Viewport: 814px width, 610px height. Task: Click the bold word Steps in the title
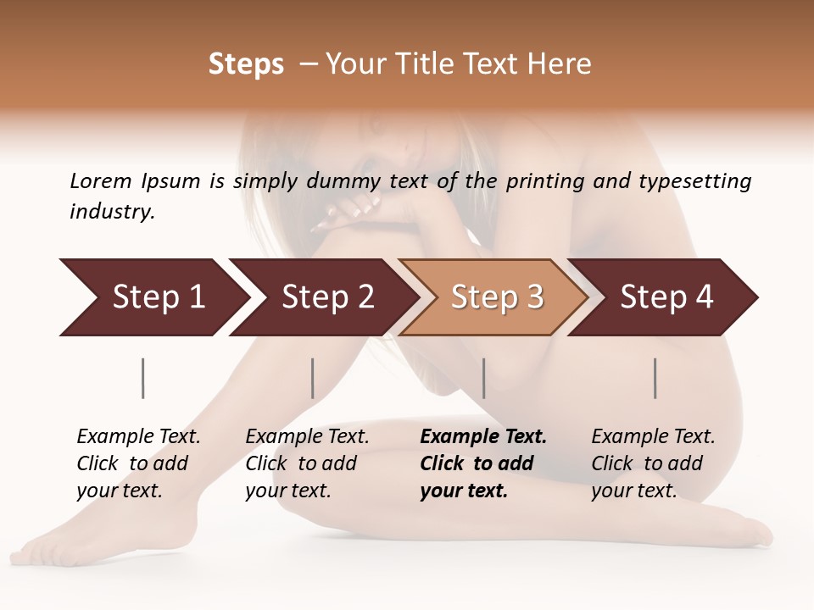tap(246, 64)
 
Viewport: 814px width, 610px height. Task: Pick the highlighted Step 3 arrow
tap(497, 297)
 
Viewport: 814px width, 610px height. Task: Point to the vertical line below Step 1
tap(143, 378)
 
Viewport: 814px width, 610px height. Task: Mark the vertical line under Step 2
tap(313, 378)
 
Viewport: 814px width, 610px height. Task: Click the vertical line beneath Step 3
tap(483, 378)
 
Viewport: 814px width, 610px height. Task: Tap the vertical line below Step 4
tap(655, 378)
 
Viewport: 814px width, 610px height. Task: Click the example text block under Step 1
tap(137, 463)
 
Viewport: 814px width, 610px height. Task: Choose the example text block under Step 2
tap(306, 463)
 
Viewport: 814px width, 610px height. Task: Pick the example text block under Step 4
tap(652, 463)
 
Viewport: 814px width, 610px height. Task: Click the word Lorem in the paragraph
tap(100, 181)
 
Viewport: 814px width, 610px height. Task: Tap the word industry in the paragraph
tap(111, 212)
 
